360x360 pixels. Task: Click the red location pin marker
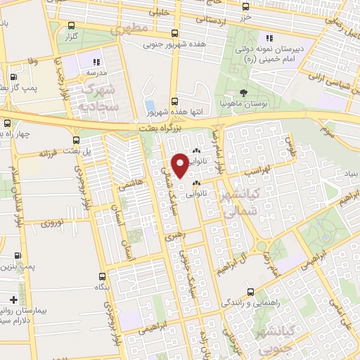(181, 164)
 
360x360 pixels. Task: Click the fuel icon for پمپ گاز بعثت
(15, 78)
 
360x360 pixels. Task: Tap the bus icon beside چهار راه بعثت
(7, 124)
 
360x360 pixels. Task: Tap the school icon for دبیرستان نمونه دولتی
(269, 39)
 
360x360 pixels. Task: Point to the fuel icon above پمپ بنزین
(17, 256)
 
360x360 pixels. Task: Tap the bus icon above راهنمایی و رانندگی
(251, 291)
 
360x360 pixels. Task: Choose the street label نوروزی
(51, 224)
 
